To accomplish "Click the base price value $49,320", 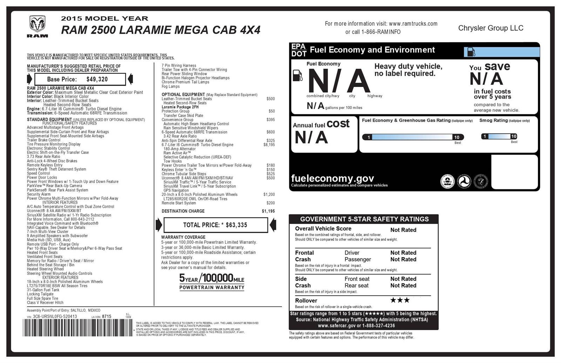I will [97, 79].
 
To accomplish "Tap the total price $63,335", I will [236, 225].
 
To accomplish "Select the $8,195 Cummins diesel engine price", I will [269, 144].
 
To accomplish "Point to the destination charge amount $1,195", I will [268, 211].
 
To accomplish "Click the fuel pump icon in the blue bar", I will [471, 52].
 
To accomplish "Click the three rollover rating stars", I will [400, 300].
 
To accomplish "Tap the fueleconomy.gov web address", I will [332, 178].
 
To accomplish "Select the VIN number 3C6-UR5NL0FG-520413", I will [55, 316].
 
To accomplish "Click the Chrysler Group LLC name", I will [491, 28].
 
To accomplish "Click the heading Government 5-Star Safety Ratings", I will [364, 219].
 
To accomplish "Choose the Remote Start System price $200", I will [270, 203].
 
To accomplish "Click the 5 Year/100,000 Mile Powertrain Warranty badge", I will [212, 282].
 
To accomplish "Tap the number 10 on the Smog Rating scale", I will [514, 136].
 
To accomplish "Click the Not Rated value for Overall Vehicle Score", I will [403, 230].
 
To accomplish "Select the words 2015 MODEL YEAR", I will [104, 19].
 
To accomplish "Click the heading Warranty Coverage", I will [183, 237].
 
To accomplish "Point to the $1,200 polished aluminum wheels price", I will [269, 194].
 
